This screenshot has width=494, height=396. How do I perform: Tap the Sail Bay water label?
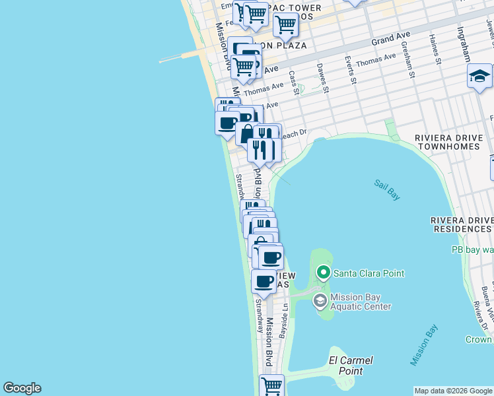tap(386, 189)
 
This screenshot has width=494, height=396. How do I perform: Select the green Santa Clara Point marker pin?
tap(323, 272)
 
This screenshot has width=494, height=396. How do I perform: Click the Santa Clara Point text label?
tap(369, 273)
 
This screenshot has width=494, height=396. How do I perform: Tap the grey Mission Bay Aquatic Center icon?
tap(320, 302)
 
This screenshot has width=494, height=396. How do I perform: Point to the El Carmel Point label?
tap(351, 366)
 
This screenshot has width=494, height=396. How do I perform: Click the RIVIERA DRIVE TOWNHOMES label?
tap(453, 143)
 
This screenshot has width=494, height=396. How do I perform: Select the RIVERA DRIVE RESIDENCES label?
tap(462, 224)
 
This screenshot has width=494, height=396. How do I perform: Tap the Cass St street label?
tap(293, 82)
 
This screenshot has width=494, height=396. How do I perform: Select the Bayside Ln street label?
tap(284, 320)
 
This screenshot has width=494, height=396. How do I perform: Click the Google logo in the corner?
tap(22, 388)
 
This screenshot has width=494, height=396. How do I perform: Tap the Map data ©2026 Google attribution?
tap(453, 391)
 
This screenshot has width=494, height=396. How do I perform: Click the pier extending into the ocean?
tap(182, 58)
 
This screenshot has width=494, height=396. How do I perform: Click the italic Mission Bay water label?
tap(423, 345)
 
